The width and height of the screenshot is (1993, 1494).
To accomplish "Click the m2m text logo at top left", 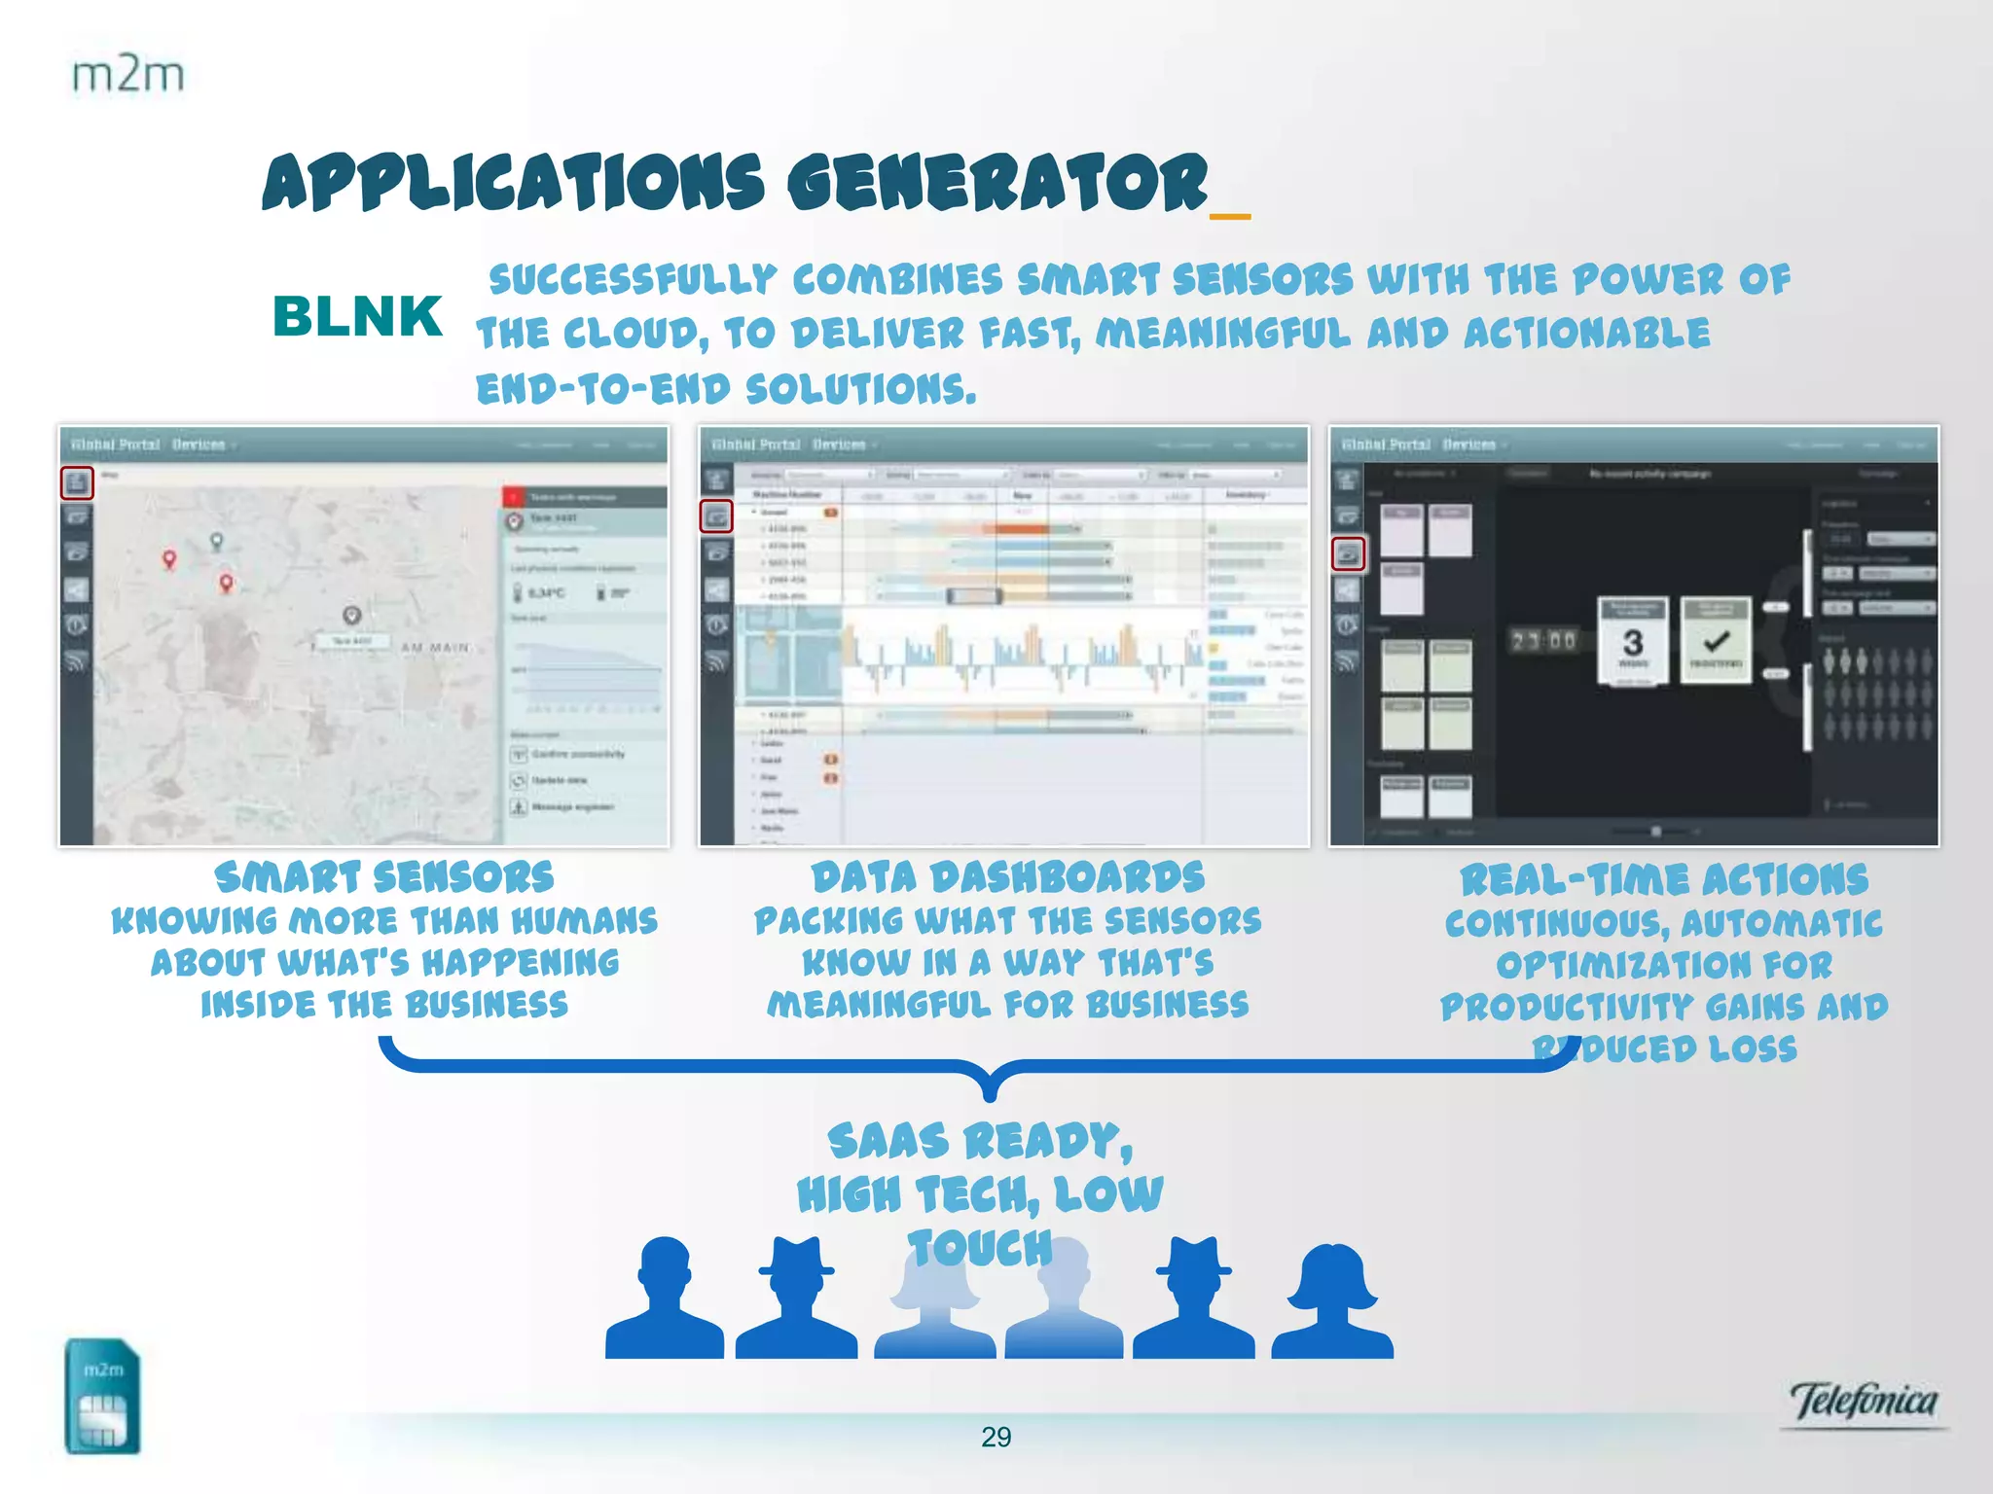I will coord(127,75).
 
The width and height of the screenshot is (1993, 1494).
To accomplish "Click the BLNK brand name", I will coord(357,317).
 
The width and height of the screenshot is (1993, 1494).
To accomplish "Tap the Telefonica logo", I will coord(1863,1402).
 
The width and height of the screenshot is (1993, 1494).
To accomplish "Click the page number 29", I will coord(996,1437).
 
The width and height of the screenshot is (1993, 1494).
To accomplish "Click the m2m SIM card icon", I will coord(103,1396).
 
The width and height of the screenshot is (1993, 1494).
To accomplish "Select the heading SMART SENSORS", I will coord(384,877).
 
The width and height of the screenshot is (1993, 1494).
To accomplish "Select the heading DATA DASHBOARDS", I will coord(1008,877).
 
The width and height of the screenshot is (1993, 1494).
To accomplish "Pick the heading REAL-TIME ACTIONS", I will coord(1664,880).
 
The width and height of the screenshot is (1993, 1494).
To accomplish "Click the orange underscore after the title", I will coord(1230,216).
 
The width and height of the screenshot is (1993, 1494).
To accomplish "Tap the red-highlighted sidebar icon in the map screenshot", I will coord(78,482).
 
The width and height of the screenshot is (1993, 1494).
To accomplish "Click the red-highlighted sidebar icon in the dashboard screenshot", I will coord(716,516).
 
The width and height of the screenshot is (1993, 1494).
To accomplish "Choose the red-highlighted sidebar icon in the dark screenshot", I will coord(1349,554).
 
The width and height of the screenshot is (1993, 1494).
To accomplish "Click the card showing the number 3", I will coord(1633,641).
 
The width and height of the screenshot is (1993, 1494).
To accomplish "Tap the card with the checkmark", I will coord(1716,641).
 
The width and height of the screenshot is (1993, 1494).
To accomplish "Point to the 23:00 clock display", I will coord(1542,641).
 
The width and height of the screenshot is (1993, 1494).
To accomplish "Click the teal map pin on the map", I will coord(217,541).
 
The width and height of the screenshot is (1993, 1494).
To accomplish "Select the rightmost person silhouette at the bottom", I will coord(1332,1301).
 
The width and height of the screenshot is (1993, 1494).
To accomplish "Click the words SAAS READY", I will coord(980,1141).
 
